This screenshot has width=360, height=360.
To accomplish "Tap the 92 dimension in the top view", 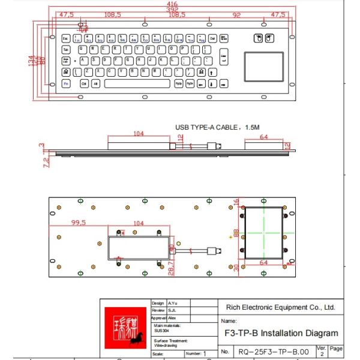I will point(237,14).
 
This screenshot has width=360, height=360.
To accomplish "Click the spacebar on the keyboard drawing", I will point(138,85).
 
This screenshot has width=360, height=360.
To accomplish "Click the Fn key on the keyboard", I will point(66,85).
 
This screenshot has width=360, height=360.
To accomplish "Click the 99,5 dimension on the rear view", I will point(79,223).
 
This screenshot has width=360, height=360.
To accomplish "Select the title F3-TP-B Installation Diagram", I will point(280,333).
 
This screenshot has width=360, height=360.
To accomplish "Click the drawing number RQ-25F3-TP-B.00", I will point(274,352).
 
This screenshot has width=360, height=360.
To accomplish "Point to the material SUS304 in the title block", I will point(163,330).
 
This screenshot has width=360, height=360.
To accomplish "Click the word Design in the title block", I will point(158,304).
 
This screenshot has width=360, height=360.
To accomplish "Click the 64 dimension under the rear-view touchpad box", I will point(263,263).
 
